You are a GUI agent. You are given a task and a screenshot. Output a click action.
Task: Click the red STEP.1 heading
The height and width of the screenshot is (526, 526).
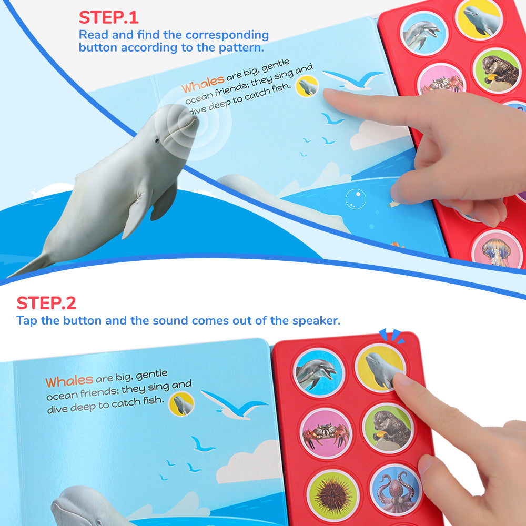pos(108,17)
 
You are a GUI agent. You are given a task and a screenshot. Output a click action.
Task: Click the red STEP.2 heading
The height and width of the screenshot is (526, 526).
pos(46,304)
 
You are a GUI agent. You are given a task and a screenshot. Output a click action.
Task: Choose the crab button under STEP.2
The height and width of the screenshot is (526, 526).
pos(326,433)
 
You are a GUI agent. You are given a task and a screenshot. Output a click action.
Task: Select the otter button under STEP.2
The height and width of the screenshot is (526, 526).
pos(388,428)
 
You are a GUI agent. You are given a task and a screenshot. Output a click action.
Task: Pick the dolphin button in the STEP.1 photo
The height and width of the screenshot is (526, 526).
pos(424,33)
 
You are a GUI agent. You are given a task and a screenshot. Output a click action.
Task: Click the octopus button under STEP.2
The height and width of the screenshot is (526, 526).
pos(396,489)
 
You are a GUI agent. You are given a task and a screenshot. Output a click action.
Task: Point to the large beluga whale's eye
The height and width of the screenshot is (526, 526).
pos(157,140)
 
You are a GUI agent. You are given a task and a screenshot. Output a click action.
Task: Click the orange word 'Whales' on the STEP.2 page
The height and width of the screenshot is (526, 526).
pos(69,381)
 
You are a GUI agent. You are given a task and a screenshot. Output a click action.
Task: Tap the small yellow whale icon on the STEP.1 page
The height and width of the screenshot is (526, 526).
pos(307,86)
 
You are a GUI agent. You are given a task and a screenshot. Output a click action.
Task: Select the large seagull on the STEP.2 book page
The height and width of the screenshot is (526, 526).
pos(235,404)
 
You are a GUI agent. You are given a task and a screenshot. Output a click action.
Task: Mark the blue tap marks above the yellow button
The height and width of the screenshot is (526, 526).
pos(391,336)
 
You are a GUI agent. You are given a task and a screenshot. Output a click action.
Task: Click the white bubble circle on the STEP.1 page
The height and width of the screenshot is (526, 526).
pos(356,199)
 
